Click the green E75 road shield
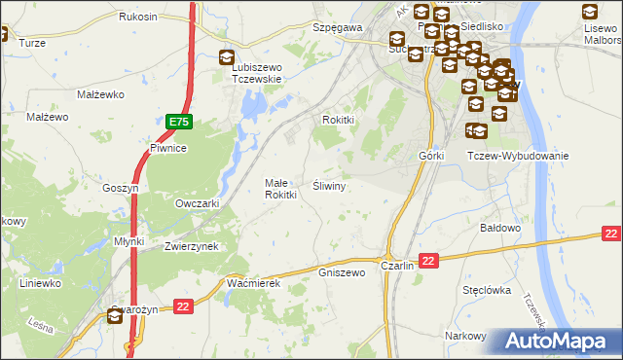click(178, 122)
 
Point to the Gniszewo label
click(342, 272)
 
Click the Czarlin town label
click(398, 266)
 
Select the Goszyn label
click(123, 188)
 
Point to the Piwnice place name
click(167, 148)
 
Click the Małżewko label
click(97, 94)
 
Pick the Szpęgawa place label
click(337, 28)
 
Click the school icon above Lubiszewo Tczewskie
click(227, 57)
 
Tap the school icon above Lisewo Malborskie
click(589, 13)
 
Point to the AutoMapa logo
click(560, 342)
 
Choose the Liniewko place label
click(41, 283)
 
